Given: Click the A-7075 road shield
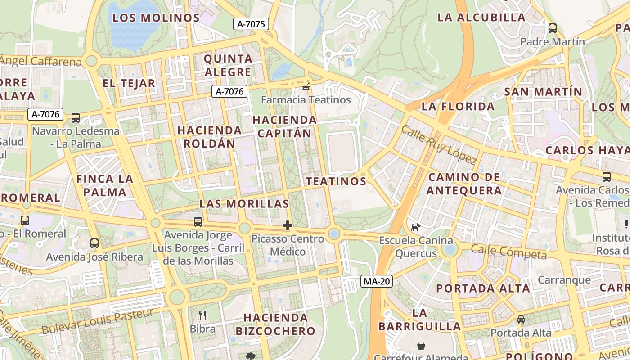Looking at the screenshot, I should coord(251,24).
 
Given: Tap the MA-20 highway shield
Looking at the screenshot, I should coord(377,282).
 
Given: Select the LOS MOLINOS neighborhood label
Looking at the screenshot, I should coord(156,18).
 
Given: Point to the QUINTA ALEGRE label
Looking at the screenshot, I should coord(228,65).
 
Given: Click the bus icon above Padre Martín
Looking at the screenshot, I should coord(553,28).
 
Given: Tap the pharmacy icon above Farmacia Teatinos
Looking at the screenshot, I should coord(306,88).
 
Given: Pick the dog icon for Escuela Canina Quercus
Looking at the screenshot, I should coord(415,227).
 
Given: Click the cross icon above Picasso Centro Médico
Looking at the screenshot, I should coord(288,225).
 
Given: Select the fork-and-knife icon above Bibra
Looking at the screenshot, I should coord(202,315).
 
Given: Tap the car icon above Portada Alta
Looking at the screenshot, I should coord(521,319).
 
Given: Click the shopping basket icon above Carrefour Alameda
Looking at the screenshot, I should coord(421,346).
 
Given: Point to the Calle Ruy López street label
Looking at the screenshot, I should coord(438,144).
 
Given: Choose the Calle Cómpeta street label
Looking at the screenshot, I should coord(509,252).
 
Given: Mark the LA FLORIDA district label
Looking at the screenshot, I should coord(458,107).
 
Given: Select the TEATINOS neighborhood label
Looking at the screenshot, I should coord(336,181).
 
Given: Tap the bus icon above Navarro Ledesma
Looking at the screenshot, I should coord(76,118).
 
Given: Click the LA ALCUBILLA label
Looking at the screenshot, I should coord(481,18).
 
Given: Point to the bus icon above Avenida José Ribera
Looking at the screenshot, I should coord(94,243).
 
